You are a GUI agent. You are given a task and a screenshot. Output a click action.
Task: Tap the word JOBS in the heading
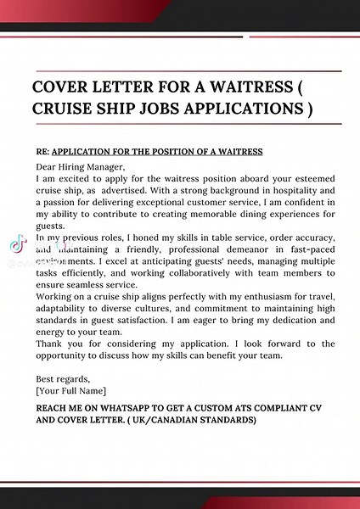[x=177, y=109]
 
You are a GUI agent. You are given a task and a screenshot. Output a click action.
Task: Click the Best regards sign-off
[x=63, y=379]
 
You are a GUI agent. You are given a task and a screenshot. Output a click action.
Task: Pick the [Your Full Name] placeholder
[x=71, y=391]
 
